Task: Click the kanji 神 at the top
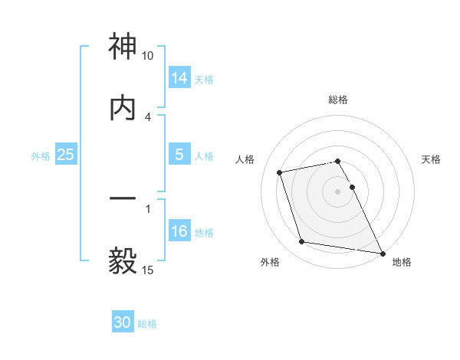coord(123,47)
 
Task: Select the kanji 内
coord(123,107)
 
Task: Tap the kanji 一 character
coord(123,199)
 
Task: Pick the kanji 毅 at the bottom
coord(123,260)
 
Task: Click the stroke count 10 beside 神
coord(147,56)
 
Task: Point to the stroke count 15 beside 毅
coord(147,270)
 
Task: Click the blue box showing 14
coord(179,77)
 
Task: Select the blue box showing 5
coord(179,155)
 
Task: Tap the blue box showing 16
coord(179,231)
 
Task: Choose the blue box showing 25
coord(66,155)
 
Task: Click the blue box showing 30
coord(123,322)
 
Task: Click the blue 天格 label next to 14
coord(204,79)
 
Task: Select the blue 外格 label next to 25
coord(41,156)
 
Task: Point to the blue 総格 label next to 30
coord(147,324)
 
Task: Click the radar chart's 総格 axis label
coord(338,100)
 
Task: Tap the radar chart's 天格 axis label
coord(431,159)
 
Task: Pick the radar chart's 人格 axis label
coord(245,159)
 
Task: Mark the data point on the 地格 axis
coord(381,252)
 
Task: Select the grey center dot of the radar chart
coord(338,191)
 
